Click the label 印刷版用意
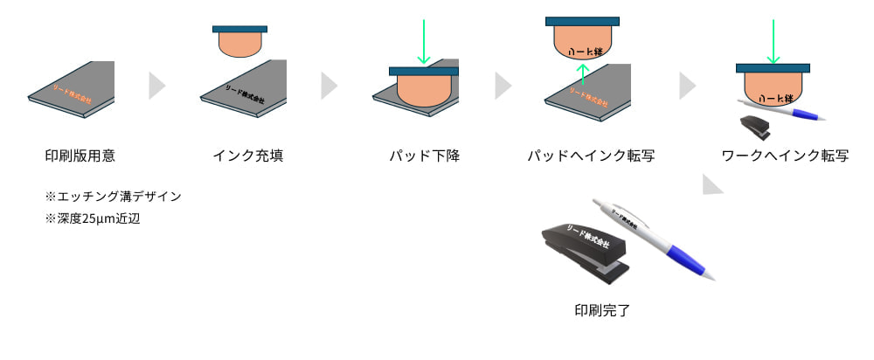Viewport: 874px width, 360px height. [80, 156]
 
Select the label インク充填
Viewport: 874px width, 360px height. [247, 156]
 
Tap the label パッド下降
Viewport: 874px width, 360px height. [424, 156]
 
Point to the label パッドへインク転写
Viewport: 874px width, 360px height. [592, 156]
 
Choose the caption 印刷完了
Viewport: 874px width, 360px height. [601, 309]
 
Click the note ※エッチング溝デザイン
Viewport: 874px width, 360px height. [113, 197]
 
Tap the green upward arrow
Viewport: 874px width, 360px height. [583, 78]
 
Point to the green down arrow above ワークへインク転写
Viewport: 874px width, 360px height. [773, 42]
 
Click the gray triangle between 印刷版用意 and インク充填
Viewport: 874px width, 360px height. [156, 86]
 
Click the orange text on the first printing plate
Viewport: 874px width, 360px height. [72, 94]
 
